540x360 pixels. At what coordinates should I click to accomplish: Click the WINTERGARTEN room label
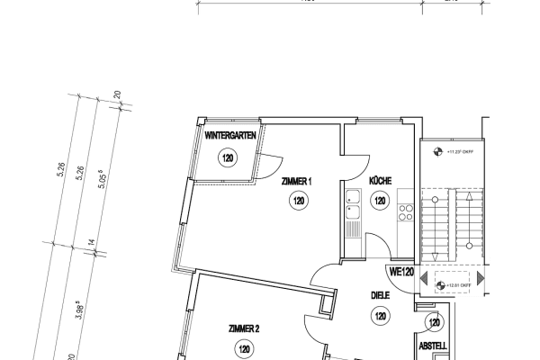coord(232,136)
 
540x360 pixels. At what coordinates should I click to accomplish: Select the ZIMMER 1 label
coord(296,181)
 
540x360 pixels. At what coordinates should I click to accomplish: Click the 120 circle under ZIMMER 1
coord(297,202)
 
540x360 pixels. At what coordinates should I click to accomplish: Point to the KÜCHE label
coord(380,180)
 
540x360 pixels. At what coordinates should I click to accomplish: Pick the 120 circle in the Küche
coord(380,202)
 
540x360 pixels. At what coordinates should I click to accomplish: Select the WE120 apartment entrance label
coord(400,271)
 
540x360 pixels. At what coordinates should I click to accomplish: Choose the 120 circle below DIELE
coord(380,316)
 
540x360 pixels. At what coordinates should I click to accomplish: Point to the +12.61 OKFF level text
coord(460,286)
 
